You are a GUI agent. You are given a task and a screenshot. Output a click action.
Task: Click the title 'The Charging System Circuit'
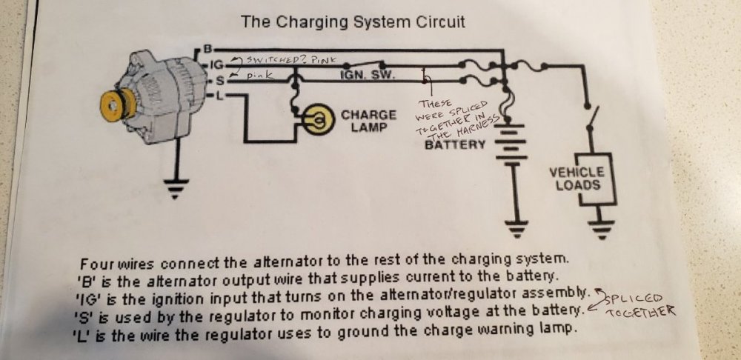(x=353, y=21)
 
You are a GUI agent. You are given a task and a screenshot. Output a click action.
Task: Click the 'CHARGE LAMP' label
(x=368, y=121)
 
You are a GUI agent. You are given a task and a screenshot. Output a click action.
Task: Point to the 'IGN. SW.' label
(x=368, y=75)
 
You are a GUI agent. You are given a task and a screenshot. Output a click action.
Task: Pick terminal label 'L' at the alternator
(x=214, y=96)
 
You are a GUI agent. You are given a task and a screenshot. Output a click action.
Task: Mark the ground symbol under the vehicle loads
(x=603, y=227)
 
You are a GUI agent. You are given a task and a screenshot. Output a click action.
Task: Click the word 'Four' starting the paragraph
(x=96, y=264)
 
